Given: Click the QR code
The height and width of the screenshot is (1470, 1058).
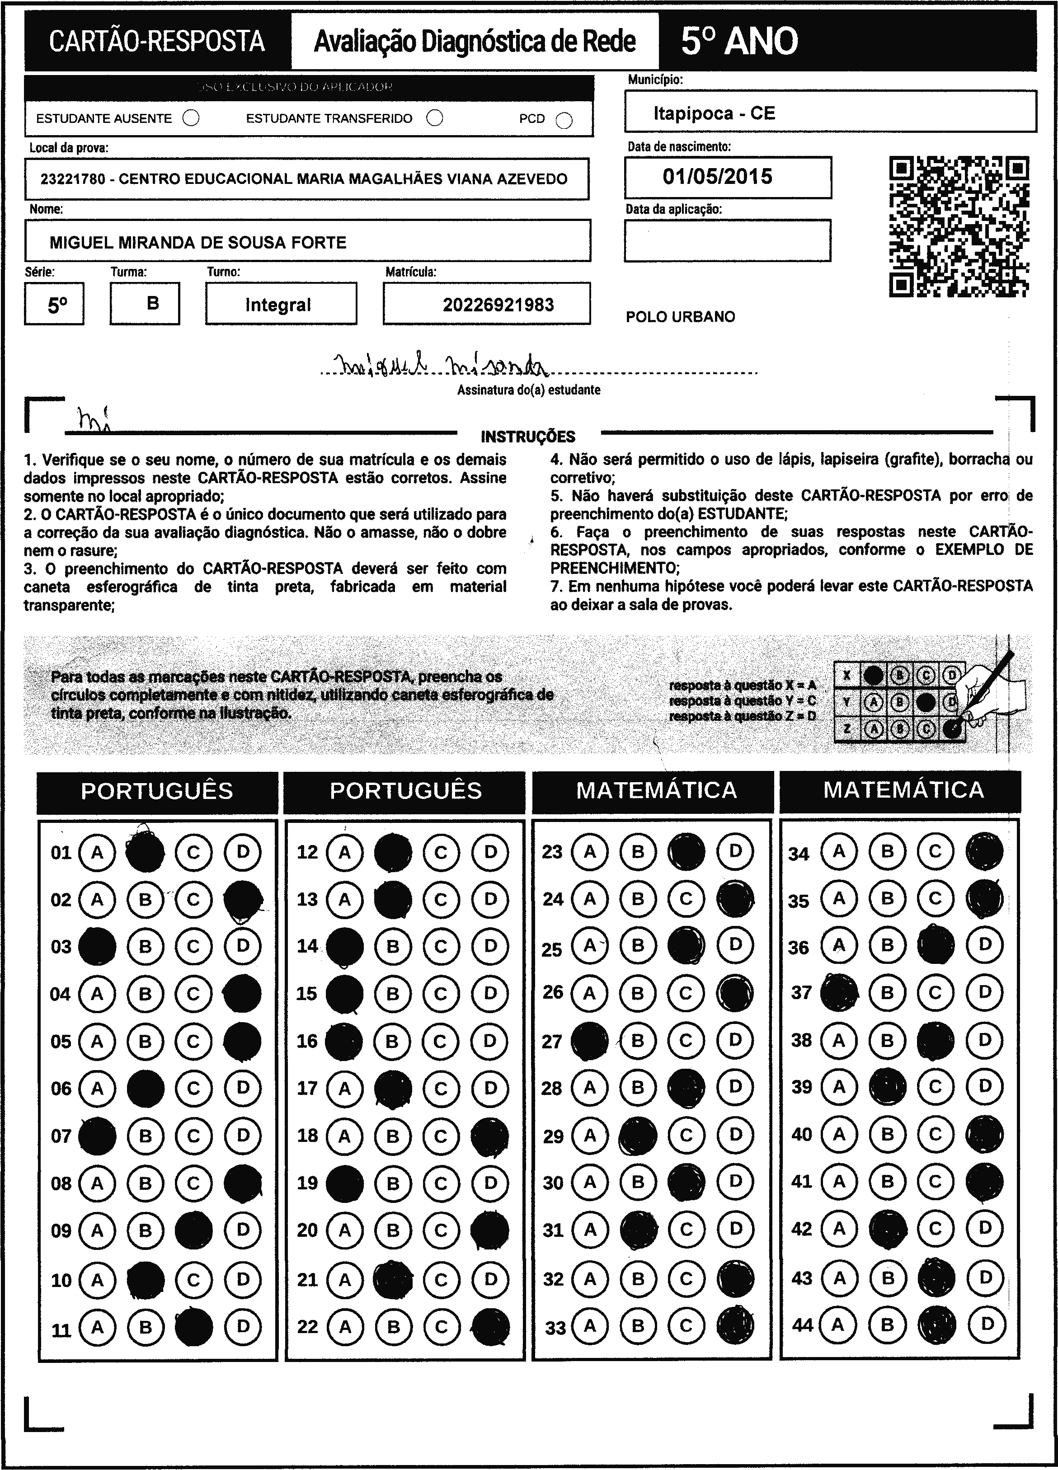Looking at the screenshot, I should coord(959,226).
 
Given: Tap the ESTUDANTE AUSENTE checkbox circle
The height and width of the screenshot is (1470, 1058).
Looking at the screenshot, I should coord(191,118).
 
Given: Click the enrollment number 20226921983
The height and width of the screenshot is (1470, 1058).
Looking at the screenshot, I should coord(498,305).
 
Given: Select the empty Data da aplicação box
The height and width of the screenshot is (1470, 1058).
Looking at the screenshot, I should coord(727,240).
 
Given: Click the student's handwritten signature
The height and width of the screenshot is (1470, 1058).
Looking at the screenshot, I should coord(441,367).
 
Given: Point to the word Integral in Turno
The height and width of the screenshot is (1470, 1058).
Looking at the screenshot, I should coord(278,305).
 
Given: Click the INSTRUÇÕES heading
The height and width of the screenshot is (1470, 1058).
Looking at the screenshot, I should coord(528,436).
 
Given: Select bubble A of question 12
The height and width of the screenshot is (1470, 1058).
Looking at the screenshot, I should coord(345,852).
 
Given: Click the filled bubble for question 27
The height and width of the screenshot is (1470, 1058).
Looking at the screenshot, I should coord(590,1041).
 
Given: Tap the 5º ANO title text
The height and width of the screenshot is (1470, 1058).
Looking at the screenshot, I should coord(739,42).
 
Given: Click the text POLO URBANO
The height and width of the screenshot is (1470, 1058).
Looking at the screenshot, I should coord(680,317).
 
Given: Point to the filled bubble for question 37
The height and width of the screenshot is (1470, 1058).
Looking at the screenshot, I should coord(839,992).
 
